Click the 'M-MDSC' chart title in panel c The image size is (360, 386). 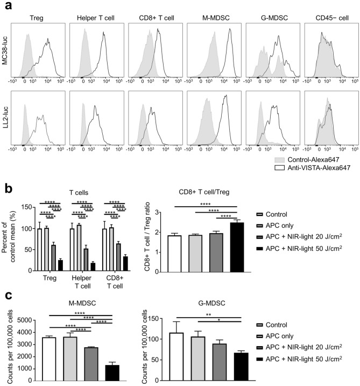79,304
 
